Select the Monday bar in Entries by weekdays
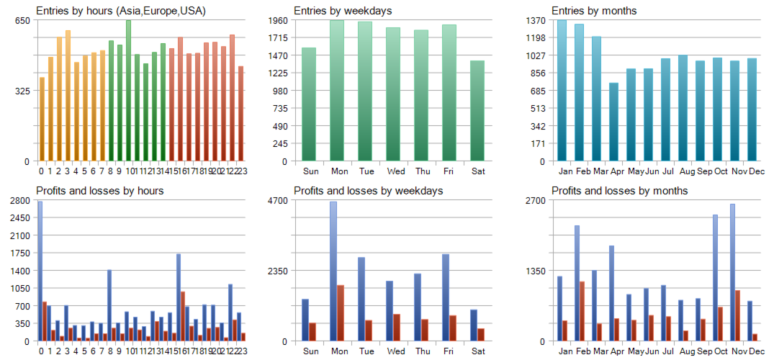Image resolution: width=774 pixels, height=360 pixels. pos(337,90)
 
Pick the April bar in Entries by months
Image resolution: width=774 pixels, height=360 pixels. pos(613,122)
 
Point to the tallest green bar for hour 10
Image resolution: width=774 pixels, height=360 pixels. pos(128,90)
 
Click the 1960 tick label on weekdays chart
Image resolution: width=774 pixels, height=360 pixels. pos(277,20)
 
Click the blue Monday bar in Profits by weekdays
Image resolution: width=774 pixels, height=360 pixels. pos(333,271)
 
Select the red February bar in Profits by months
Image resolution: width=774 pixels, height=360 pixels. pos(582,310)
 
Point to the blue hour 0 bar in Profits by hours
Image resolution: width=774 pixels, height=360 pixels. pos(40,271)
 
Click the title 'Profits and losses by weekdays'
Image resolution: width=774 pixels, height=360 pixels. pos(368,191)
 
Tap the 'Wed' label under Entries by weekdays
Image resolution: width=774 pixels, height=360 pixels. pos(395,171)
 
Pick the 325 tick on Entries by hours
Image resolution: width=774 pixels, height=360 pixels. pos(22,91)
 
